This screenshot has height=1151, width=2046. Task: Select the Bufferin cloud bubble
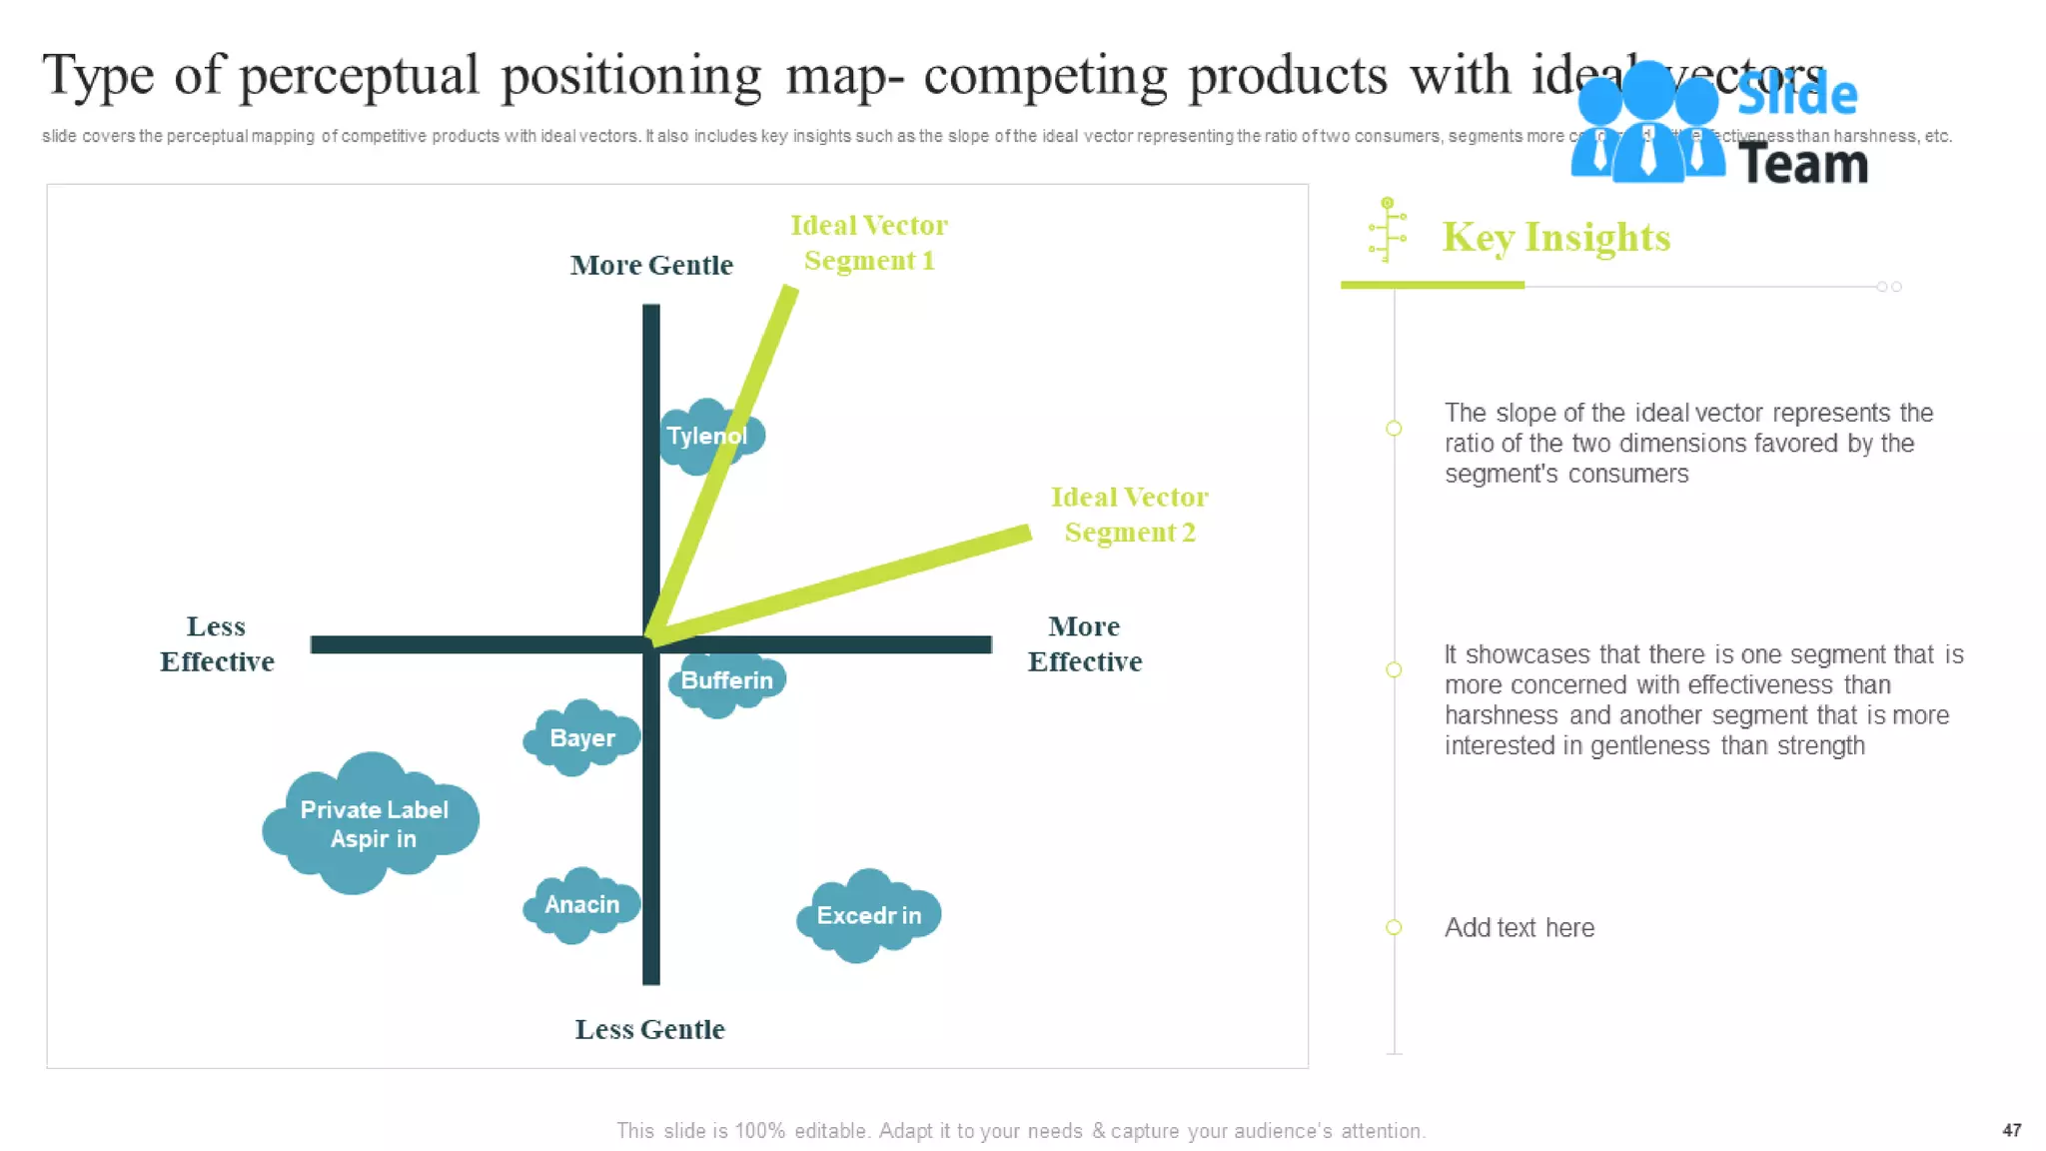[x=727, y=680]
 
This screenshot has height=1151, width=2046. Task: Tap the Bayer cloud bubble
[x=581, y=738]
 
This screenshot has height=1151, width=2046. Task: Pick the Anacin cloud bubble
[x=581, y=904]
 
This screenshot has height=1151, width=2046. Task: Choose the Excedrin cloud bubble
[x=868, y=915]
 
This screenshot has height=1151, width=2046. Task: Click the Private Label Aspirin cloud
[x=372, y=823]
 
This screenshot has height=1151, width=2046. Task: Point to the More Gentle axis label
[x=651, y=265]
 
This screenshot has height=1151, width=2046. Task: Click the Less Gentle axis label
[x=649, y=1029]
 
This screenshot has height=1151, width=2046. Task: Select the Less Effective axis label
[x=217, y=643]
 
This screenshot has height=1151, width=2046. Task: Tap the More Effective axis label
[x=1085, y=643]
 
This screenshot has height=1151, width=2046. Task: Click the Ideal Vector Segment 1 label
[x=869, y=242]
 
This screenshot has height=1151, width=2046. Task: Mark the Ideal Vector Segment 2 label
[x=1129, y=514]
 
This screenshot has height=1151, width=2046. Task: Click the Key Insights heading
[x=1555, y=238]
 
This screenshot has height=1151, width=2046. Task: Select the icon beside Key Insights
[x=1388, y=230]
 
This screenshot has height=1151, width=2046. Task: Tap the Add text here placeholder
[x=1519, y=927]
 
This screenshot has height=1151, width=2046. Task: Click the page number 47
[x=2011, y=1130]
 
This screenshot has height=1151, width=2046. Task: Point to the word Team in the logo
[x=1802, y=164]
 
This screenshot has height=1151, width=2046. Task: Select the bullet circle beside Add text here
[x=1394, y=927]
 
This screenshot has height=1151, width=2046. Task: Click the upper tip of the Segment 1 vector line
[x=789, y=292]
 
